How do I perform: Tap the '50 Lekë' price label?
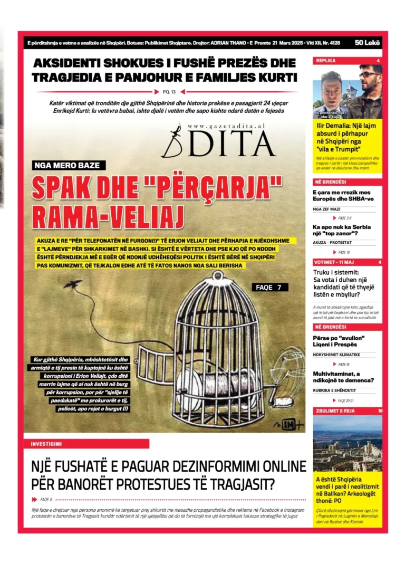pos(368,43)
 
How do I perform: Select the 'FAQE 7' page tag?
pos(272,288)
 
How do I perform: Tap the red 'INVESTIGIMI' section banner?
pos(86,444)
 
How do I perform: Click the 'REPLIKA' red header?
pos(326,61)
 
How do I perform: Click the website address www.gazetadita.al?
pos(226,127)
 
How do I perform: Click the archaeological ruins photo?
pos(348,443)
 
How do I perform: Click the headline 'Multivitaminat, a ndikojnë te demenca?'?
pos(343,376)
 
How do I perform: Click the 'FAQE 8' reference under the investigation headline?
pos(46,499)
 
